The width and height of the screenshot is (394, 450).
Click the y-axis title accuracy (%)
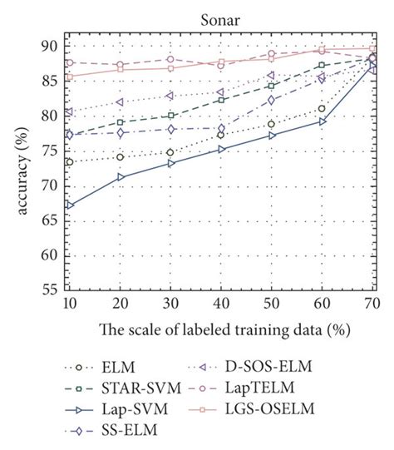(18, 166)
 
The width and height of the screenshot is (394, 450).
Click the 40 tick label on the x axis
(220, 304)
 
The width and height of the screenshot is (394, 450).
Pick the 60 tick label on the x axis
(322, 304)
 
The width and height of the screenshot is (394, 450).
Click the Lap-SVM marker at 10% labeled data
(69, 205)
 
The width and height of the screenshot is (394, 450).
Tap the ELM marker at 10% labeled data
(69, 161)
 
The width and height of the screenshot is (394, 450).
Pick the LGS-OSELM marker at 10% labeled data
(69, 77)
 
